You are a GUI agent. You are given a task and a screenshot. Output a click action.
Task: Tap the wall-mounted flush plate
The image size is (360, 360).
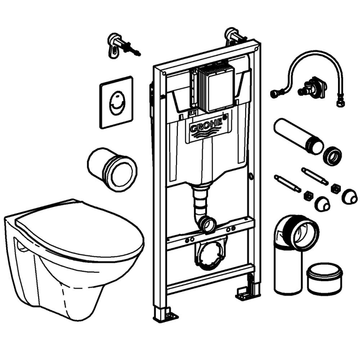point(116,102)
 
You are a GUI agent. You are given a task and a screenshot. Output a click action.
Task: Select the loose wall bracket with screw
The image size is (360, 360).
point(120,44)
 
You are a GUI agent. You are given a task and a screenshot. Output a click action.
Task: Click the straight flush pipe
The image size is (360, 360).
point(297,136)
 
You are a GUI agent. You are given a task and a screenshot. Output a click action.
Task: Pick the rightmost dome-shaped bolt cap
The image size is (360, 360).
point(350,196)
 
